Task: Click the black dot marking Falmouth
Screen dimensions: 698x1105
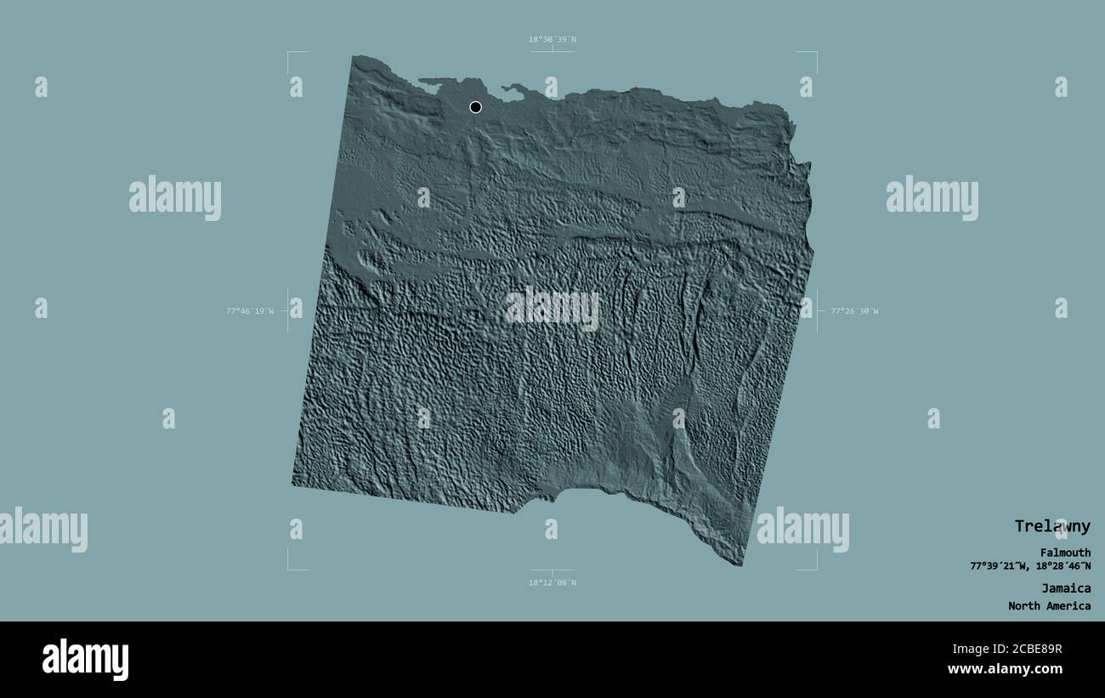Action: [475, 107]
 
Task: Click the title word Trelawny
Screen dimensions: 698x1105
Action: [1051, 526]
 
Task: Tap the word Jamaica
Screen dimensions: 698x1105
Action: [1066, 587]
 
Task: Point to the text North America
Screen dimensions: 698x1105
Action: [1049, 606]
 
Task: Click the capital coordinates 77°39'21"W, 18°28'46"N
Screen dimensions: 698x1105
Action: [1030, 566]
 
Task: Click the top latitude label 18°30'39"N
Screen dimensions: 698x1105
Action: [552, 39]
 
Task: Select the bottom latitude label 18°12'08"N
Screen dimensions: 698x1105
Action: [552, 582]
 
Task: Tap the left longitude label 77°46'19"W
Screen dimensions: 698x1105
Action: [250, 311]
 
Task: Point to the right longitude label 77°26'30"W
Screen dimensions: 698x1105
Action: [854, 311]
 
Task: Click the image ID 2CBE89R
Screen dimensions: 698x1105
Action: [1030, 650]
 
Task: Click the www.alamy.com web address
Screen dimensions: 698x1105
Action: [1006, 669]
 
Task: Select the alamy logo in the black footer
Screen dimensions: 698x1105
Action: [85, 660]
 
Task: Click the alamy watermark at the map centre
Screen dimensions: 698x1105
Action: [552, 309]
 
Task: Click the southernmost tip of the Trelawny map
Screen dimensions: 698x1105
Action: [740, 565]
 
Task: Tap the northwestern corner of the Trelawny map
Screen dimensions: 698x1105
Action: [354, 58]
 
